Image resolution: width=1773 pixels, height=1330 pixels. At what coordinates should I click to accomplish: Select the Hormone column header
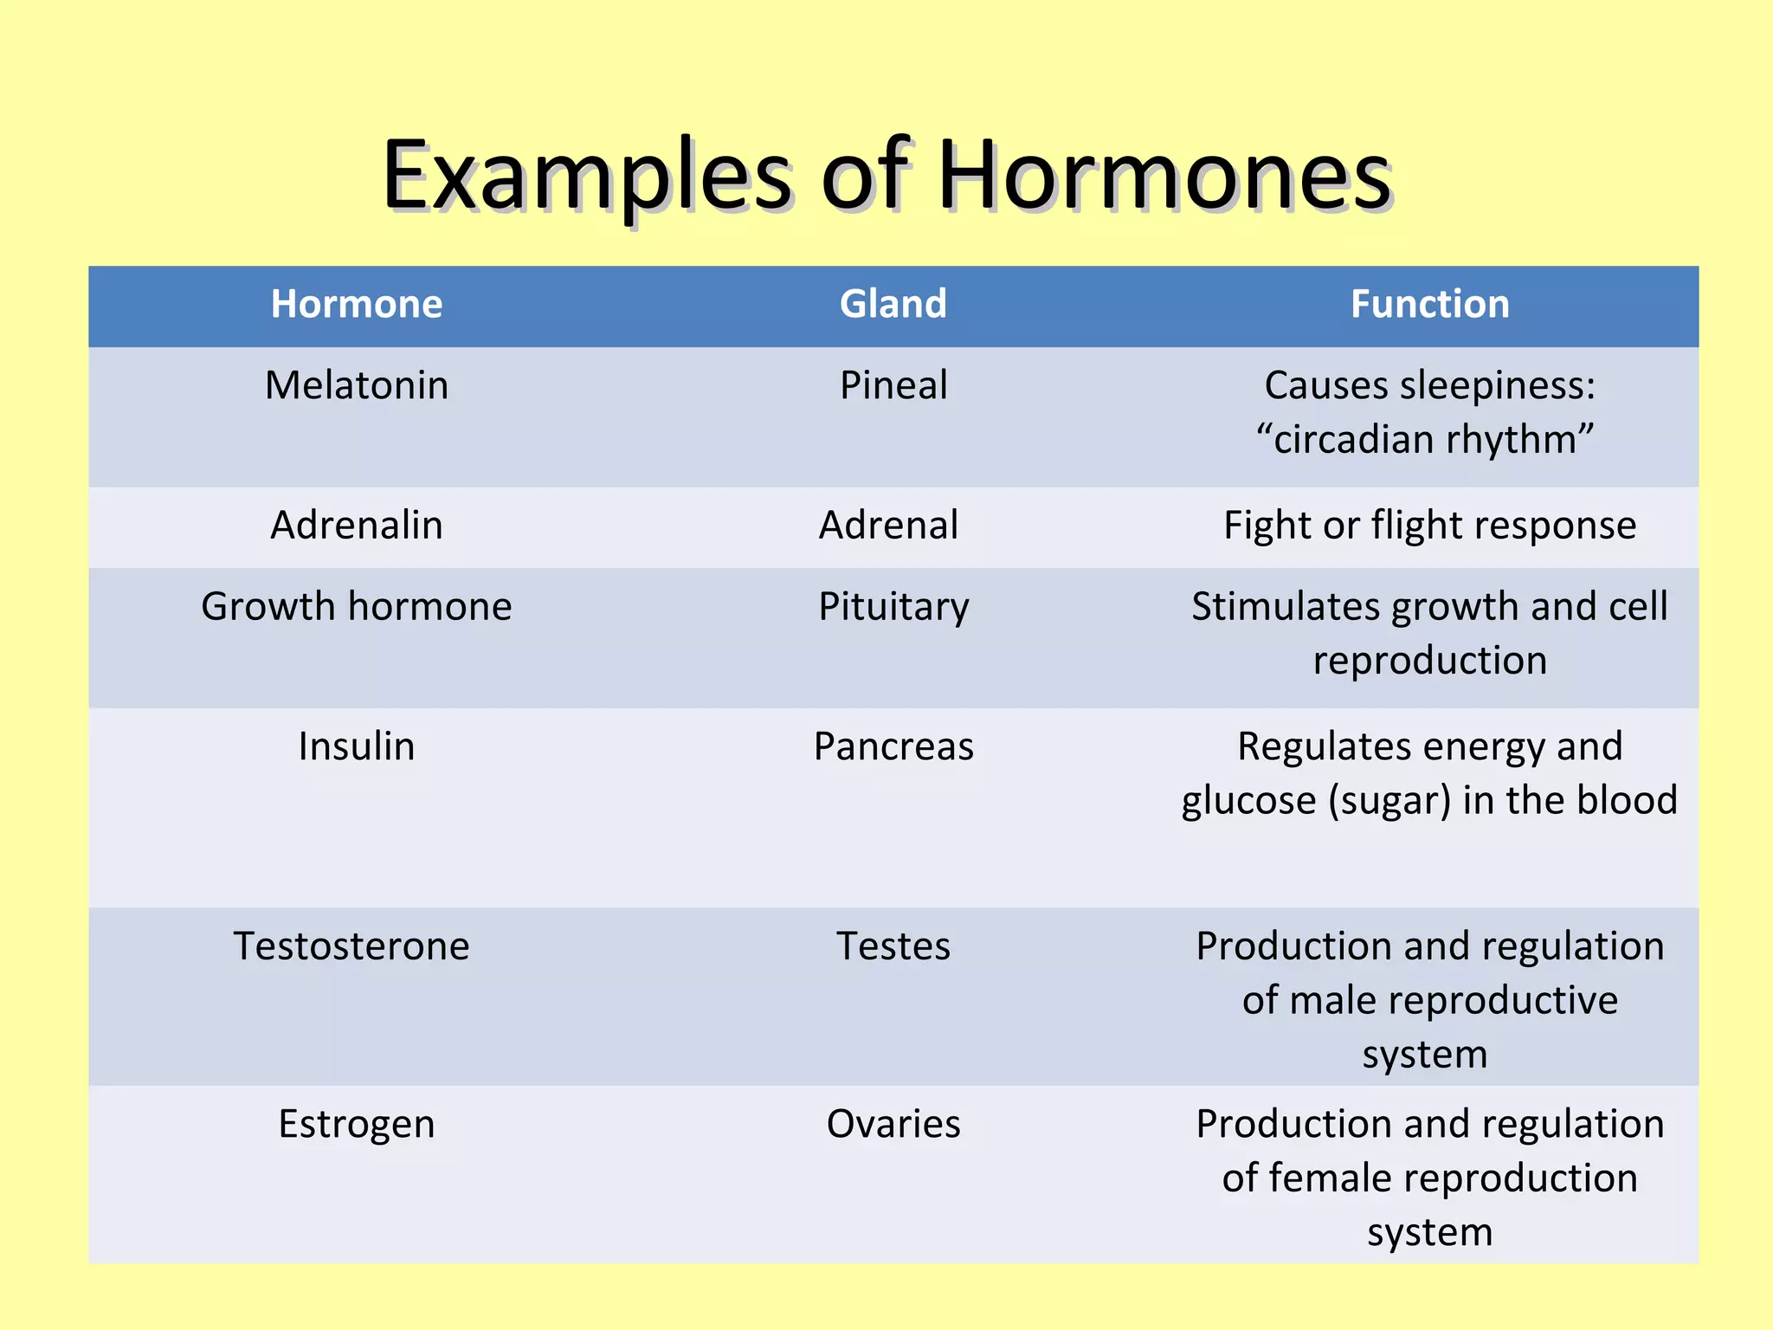tap(357, 304)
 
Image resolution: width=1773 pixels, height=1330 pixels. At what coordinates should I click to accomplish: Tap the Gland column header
tap(893, 304)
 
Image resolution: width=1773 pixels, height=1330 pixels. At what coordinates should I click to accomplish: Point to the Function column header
tap(1429, 304)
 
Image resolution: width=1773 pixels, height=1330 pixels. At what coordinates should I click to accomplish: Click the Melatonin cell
tap(357, 385)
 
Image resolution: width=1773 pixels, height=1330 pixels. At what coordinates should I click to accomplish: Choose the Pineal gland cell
tap(893, 385)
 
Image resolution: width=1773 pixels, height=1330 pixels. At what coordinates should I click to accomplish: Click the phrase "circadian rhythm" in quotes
tap(1425, 440)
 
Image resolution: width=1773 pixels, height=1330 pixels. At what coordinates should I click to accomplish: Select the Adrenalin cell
tap(357, 526)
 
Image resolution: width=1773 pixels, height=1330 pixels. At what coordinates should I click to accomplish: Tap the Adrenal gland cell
tap(889, 526)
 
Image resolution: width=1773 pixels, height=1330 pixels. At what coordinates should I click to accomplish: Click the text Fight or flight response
tap(1429, 526)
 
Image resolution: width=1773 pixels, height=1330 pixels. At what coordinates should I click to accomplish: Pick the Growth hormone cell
tap(357, 606)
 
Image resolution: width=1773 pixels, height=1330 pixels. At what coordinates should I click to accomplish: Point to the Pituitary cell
tap(893, 606)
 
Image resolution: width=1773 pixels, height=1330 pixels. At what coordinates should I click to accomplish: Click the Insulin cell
tap(357, 746)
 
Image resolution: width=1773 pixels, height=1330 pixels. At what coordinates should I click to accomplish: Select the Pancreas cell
tap(893, 746)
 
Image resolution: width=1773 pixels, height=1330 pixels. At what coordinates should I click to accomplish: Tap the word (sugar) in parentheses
tap(1389, 801)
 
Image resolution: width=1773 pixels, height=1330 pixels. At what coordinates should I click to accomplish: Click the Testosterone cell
tap(351, 946)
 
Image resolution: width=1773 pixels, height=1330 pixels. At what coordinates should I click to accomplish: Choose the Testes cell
tap(893, 946)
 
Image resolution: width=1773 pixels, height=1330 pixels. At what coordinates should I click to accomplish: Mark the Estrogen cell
tap(357, 1125)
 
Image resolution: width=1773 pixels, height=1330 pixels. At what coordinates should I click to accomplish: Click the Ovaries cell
tap(893, 1125)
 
